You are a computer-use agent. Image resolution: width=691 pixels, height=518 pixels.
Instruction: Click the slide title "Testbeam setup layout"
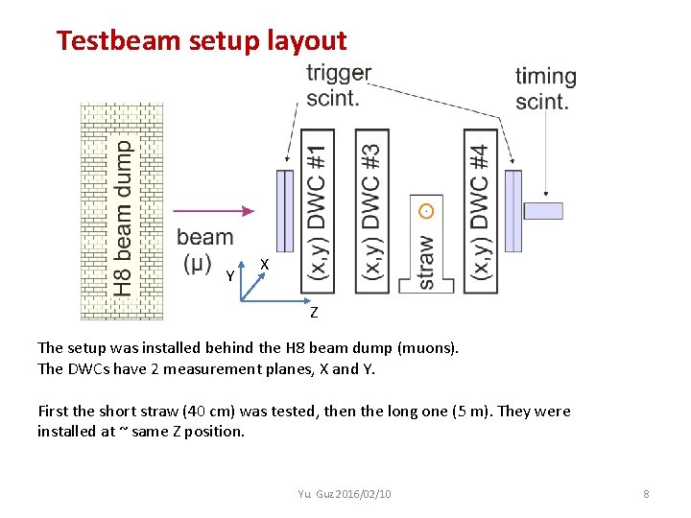coord(201,40)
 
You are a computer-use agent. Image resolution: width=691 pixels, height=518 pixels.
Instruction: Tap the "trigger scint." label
coord(338,84)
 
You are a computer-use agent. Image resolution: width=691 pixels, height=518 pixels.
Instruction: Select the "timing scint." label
coord(545,88)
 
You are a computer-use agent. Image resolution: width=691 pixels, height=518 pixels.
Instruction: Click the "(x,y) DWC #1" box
coord(319,210)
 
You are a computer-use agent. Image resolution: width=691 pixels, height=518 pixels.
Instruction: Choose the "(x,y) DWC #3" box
coord(370,210)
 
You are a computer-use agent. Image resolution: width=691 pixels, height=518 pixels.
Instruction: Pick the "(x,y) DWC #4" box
coord(480,210)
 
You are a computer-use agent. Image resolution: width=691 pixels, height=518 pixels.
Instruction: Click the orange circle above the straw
coord(426,210)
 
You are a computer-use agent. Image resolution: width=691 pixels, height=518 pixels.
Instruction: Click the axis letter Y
coord(229,277)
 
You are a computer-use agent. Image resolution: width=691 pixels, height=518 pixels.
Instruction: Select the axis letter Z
coord(313,313)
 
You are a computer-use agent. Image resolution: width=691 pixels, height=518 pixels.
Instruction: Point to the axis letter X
coord(265,264)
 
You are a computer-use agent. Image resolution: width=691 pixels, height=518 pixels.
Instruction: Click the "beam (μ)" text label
coord(204,248)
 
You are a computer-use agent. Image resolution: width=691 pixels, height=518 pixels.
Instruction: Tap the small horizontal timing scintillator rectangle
coord(542,210)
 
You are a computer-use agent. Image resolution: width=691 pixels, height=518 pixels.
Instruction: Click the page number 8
coord(646,493)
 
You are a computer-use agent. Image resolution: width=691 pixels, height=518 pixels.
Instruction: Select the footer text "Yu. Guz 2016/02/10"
coord(345,493)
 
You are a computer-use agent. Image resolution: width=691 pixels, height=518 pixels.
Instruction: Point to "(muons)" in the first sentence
coord(425,348)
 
